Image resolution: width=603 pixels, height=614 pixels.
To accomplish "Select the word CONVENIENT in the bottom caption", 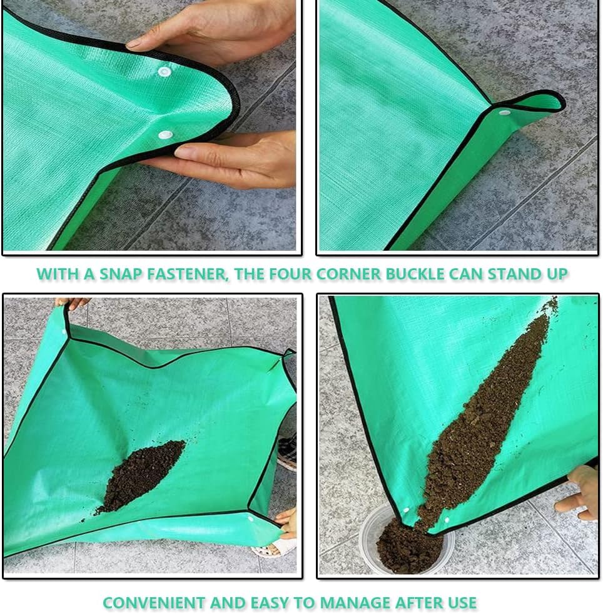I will [x=155, y=603].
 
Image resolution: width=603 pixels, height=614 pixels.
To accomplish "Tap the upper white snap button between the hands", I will [x=165, y=72].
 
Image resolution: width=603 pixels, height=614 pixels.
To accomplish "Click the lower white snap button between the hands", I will [x=165, y=134].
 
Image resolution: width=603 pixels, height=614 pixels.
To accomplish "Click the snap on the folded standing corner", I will [x=504, y=113].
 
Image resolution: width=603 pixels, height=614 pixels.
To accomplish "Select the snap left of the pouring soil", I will [x=405, y=511].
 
